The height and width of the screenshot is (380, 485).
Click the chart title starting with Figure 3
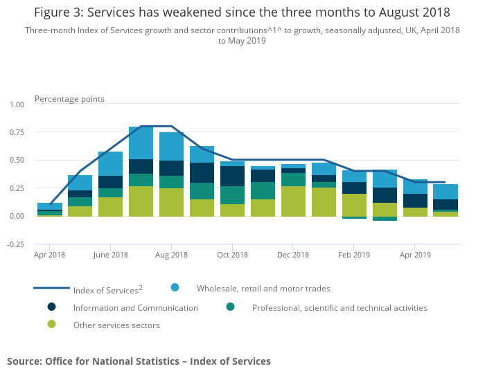(242, 12)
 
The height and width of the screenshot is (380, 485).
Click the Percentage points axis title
(69, 99)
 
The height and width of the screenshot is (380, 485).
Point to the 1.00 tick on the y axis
(16, 104)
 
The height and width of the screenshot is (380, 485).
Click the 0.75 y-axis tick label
(16, 132)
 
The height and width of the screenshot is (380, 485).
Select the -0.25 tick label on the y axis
(15, 244)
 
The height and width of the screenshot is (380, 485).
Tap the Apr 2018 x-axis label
(49, 255)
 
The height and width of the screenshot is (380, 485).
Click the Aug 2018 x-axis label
(171, 255)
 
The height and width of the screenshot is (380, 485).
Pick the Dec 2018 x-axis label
(293, 255)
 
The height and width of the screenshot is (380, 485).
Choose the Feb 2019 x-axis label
(354, 255)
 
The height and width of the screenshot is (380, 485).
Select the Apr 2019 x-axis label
(415, 255)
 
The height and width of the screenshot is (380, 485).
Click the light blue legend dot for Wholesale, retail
(175, 287)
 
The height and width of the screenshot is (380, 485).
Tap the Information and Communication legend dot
(51, 307)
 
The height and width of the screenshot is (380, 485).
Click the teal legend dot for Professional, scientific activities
(230, 307)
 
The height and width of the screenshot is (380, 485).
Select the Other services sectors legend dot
(51, 324)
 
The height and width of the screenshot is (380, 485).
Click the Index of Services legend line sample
(51, 288)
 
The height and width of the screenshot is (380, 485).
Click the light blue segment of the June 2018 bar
(110, 163)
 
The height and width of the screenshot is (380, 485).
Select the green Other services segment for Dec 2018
(293, 201)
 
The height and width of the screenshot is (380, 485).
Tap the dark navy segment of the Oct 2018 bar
(232, 176)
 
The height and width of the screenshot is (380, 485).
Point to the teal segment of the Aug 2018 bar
(171, 182)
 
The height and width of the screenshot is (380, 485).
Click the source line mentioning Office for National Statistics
(139, 361)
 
